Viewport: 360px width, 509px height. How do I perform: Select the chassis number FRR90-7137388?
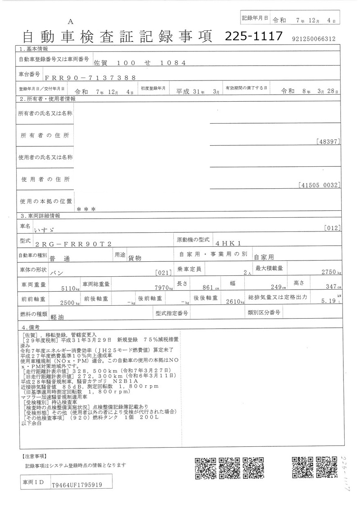click(90, 78)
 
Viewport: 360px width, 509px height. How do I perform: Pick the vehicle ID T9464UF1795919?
click(77, 484)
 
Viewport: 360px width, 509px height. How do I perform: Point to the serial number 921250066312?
click(314, 39)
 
